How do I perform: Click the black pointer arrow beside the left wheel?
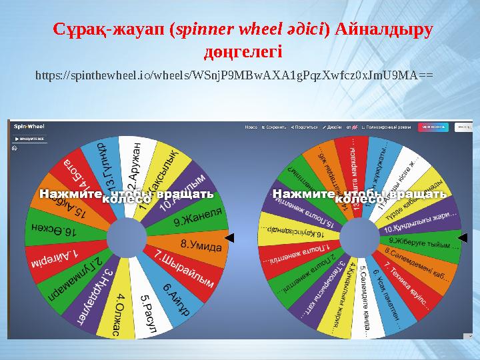pyautogui.click(x=229, y=237)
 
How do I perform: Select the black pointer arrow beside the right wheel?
pyautogui.click(x=463, y=237)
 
